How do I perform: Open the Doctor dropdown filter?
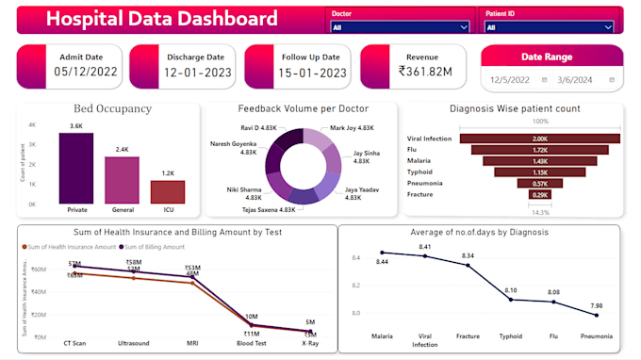399,28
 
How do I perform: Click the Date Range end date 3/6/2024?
576,80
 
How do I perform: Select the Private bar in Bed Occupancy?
75,168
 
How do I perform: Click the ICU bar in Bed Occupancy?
167,191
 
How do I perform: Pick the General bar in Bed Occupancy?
122,179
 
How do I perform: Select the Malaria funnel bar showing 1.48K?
540,160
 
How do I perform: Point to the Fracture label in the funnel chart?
420,194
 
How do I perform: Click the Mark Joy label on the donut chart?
351,127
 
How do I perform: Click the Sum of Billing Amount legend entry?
155,246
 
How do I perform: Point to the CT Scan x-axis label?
75,344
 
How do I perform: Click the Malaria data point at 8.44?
382,252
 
